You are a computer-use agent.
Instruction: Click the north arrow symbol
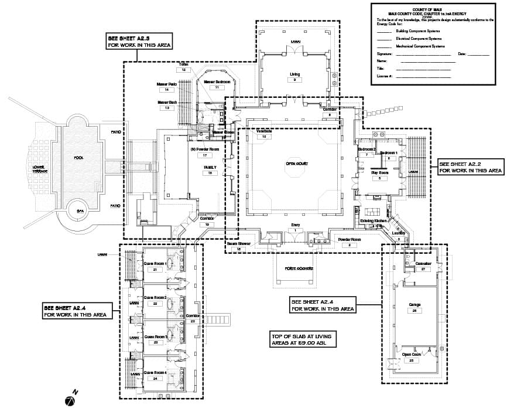tap(70, 400)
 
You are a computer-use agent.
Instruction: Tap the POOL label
tap(79, 158)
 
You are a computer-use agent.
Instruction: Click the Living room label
tap(295, 74)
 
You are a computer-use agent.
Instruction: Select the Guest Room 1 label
tap(155, 264)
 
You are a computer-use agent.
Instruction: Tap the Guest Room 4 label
tap(155, 372)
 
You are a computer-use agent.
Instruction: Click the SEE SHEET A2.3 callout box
tap(139, 41)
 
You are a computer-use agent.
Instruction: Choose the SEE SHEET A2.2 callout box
tap(471, 167)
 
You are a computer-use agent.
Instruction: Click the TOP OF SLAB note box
tap(303, 339)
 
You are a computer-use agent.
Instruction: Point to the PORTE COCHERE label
tap(299, 268)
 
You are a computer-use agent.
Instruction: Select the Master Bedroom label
tap(217, 81)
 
